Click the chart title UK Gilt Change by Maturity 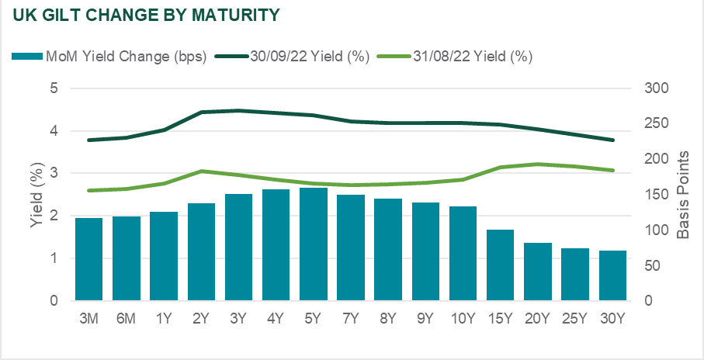(x=147, y=15)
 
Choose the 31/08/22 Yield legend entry (x=474, y=56)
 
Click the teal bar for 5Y (x=313, y=244)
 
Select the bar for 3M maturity (x=88, y=259)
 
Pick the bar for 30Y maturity (x=612, y=275)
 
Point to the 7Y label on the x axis (x=350, y=318)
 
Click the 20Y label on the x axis (x=537, y=318)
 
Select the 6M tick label (x=126, y=318)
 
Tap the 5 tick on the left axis (x=54, y=88)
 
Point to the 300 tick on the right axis (x=656, y=88)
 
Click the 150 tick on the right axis (x=656, y=195)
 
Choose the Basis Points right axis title (x=683, y=195)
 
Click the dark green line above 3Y (x=238, y=110)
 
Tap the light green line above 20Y (x=537, y=164)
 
